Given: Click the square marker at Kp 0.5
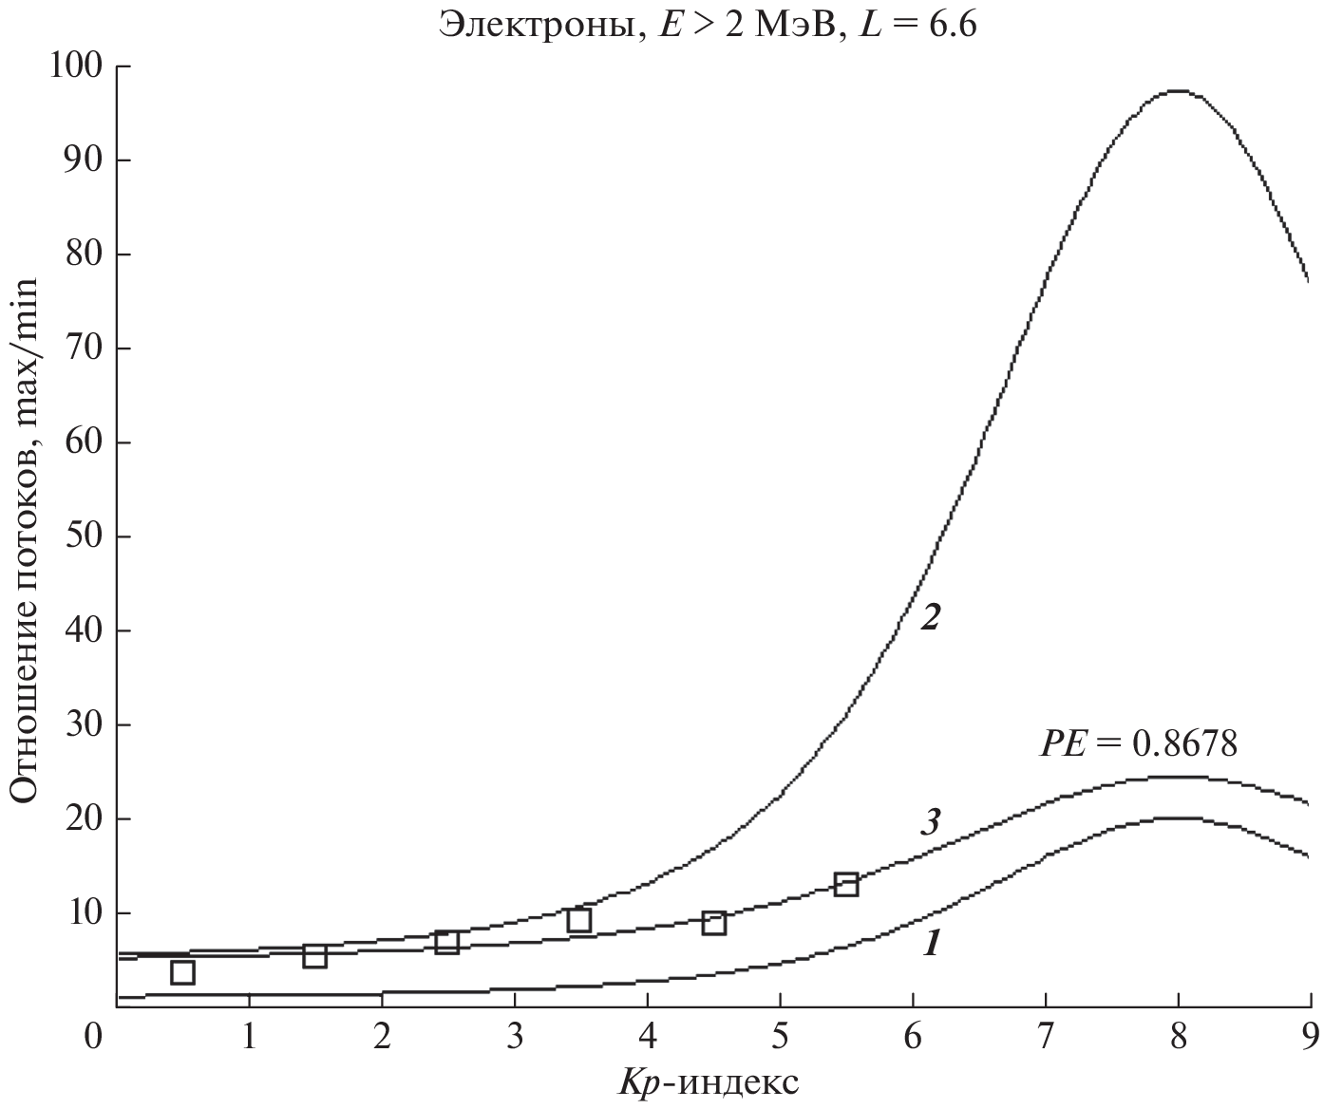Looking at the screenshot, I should [182, 972].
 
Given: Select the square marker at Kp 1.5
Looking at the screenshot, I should [315, 955].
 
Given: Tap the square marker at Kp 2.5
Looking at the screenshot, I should [447, 942].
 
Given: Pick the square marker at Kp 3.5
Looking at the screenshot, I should [579, 919].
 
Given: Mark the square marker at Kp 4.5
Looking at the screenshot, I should [714, 922].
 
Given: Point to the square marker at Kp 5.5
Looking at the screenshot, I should [846, 884].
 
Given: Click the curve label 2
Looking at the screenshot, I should [930, 618].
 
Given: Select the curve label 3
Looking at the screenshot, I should [930, 821].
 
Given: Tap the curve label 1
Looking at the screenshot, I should [932, 943].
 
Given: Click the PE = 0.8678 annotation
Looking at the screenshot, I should [1139, 742].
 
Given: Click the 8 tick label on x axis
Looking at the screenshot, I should [1178, 1036].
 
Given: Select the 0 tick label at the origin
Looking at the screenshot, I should [92, 1036].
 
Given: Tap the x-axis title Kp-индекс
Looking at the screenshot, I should [711, 1082].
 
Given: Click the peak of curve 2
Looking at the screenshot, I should [1177, 91].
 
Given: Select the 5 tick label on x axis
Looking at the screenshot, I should [780, 1036].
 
